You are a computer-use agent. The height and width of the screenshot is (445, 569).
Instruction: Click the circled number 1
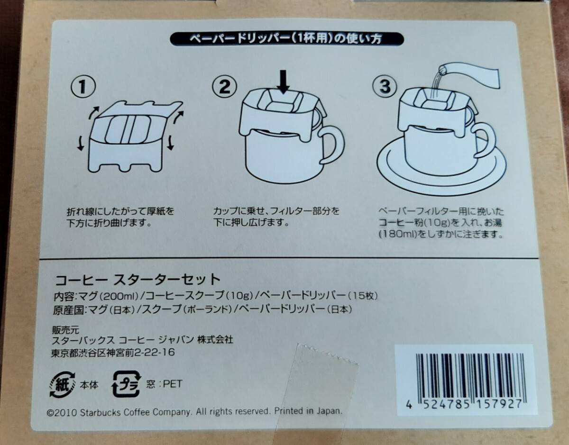pos(83,87)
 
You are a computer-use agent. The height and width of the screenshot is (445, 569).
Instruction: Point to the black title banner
pos(287,39)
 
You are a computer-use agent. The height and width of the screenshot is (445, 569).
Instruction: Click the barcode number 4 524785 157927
pos(465,404)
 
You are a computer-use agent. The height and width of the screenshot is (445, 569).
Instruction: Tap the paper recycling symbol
pos(62,385)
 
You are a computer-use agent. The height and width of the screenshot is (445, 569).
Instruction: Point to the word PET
pos(173,384)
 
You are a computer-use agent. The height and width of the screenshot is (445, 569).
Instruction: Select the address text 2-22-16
pos(154,353)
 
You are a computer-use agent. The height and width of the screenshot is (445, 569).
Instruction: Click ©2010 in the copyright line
pos(62,413)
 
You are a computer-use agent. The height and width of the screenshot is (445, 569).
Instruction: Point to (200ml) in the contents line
pos(119,296)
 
